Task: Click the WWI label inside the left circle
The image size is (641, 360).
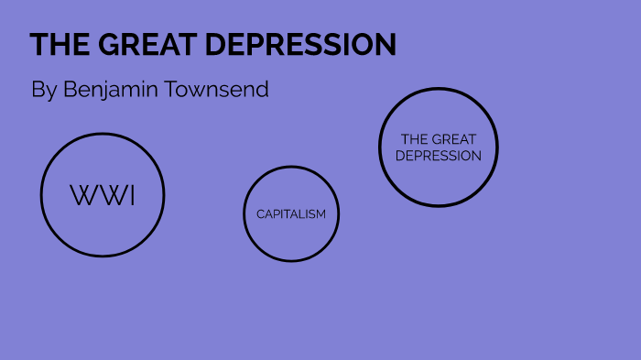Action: (103, 195)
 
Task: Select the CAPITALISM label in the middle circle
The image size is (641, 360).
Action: (291, 214)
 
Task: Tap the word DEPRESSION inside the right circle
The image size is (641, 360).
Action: (439, 156)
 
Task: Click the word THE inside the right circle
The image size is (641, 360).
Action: (415, 139)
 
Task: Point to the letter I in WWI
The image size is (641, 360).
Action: (132, 195)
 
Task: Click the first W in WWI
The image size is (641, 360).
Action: (81, 195)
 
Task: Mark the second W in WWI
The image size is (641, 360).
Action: (109, 195)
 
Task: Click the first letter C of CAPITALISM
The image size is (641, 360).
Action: (260, 214)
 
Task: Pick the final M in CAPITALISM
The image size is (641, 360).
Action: (320, 214)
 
